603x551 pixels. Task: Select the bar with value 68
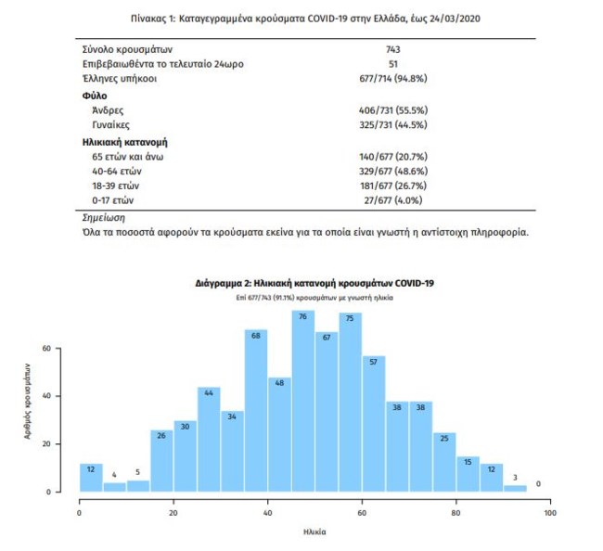256,410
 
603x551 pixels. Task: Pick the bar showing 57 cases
374,423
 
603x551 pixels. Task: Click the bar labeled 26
161,460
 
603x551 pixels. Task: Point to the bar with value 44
209,439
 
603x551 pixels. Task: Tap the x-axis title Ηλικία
314,532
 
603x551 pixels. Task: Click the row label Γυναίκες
112,123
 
